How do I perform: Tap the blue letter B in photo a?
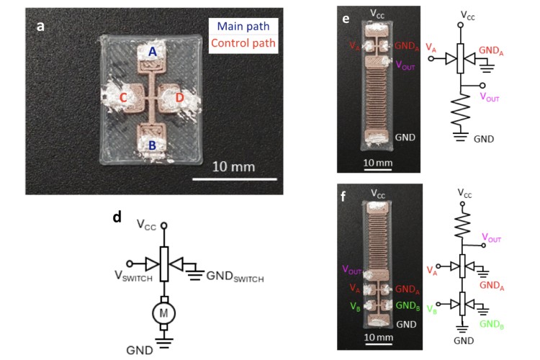pyautogui.click(x=151, y=145)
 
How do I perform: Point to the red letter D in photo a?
pyautogui.click(x=179, y=98)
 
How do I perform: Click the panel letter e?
pyautogui.click(x=346, y=21)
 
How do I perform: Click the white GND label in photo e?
pyautogui.click(x=404, y=137)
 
